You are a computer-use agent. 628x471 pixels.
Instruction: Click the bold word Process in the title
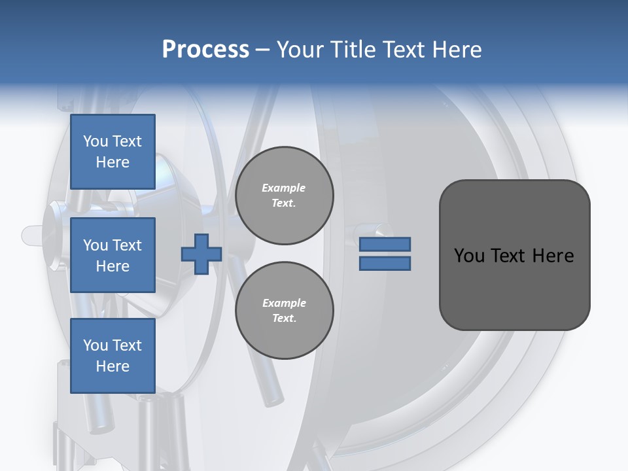[x=205, y=50]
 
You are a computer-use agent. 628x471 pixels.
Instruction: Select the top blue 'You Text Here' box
[x=113, y=152]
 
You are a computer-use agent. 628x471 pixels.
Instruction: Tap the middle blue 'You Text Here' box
[x=113, y=255]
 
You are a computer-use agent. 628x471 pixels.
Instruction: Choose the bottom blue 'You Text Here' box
[x=113, y=356]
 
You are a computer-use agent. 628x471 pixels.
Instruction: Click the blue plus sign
[x=201, y=254]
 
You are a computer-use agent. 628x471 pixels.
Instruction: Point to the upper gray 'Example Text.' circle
[x=285, y=196]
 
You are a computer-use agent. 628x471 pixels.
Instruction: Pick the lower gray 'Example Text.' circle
[x=285, y=311]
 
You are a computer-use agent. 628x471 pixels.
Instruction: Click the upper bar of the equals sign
[x=385, y=245]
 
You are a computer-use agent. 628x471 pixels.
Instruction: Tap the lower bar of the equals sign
[x=385, y=264]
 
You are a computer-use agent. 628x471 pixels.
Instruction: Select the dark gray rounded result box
[x=514, y=254]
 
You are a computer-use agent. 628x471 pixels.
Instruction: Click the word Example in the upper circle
[x=284, y=188]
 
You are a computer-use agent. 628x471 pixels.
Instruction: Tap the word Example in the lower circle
[x=284, y=303]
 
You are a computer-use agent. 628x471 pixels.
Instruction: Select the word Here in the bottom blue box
[x=113, y=366]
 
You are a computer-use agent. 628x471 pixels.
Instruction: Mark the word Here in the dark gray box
[x=553, y=255]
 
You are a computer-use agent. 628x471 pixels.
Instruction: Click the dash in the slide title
[x=263, y=50]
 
